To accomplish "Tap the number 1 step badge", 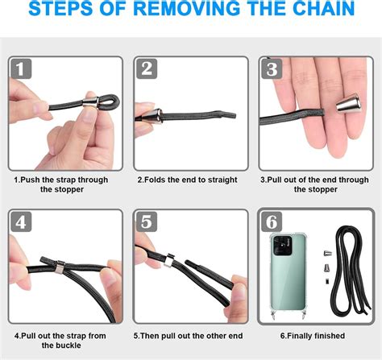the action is (21, 69).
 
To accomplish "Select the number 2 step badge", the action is (147, 69).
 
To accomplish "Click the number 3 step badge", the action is (272, 69).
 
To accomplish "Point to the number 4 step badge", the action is (21, 221).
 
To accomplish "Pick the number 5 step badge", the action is (147, 221).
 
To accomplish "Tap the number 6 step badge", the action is (272, 221).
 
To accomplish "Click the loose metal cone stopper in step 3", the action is (348, 103).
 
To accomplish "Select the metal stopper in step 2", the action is (152, 116).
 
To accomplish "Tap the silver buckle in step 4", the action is (60, 267).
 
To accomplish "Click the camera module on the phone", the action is (283, 246).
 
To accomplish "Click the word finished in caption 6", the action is (330, 336).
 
